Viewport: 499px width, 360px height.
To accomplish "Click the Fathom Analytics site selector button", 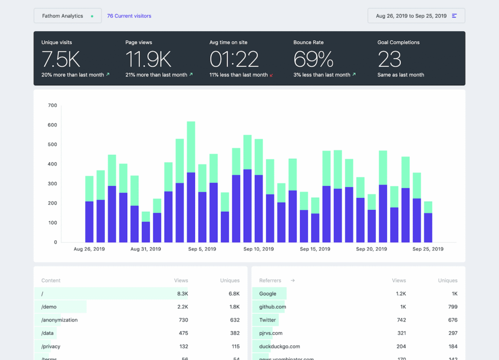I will [67, 16].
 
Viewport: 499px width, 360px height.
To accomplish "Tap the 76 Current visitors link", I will [129, 16].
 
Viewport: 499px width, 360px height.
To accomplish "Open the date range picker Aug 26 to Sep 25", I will [416, 16].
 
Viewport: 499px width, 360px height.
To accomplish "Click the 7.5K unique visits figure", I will [61, 59].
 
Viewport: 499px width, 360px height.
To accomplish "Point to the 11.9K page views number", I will [148, 59].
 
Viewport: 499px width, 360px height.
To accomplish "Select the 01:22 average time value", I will [234, 59].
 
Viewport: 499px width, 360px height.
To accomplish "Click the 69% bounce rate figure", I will [313, 59].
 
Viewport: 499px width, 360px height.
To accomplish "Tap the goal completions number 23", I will [389, 59].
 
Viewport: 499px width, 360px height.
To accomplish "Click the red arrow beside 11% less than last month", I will [271, 76].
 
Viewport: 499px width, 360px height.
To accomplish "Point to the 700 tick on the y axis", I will [52, 105].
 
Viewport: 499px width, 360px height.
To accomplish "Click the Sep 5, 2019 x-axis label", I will [202, 249].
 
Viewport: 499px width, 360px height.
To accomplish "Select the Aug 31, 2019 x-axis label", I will [146, 249].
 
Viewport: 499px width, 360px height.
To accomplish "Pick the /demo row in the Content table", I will [49, 307].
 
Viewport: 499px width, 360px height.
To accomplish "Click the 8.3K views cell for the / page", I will [182, 294].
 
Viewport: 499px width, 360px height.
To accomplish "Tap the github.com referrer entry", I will [272, 307].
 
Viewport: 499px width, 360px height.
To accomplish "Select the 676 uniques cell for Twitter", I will [453, 320].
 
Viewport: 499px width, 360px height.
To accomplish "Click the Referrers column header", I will [270, 281].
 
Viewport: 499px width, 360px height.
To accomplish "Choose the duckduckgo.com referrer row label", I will [279, 346].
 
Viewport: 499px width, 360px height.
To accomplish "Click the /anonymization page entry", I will [59, 320].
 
